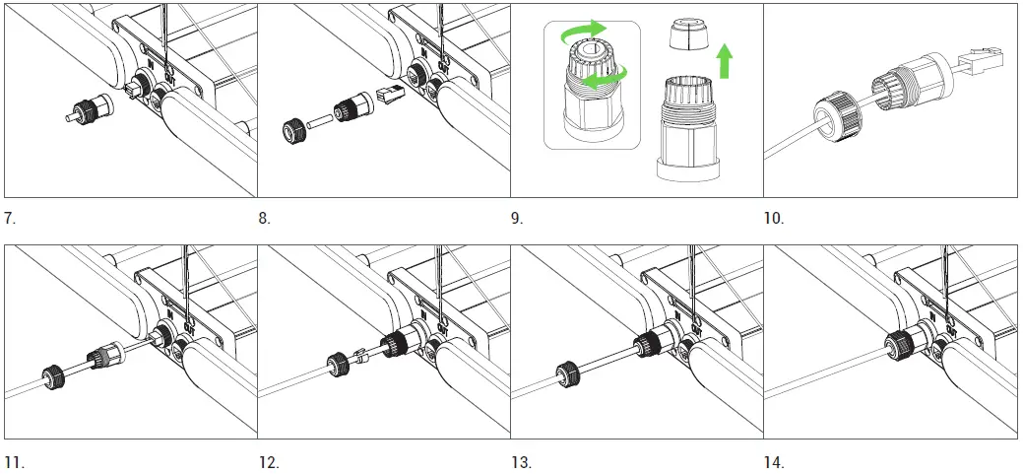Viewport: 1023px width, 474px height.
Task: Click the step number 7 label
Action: click(11, 218)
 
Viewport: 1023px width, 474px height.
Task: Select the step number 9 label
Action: click(518, 218)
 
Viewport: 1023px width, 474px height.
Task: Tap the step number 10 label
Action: click(774, 218)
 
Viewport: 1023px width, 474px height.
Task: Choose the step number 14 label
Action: click(775, 461)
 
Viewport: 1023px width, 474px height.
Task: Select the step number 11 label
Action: click(14, 461)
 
